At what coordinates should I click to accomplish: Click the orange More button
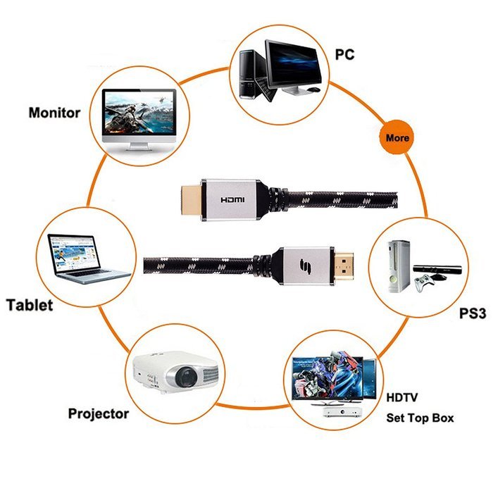(x=397, y=137)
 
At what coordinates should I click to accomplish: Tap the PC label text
(x=344, y=54)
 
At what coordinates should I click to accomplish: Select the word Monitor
(x=54, y=113)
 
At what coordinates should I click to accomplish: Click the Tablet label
(x=30, y=305)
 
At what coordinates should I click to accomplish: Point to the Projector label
(x=99, y=414)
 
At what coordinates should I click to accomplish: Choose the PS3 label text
(x=473, y=313)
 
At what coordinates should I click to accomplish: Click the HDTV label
(x=402, y=397)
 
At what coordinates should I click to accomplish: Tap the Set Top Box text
(x=420, y=418)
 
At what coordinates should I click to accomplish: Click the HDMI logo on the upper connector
(x=232, y=199)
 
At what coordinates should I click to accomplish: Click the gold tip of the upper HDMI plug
(x=191, y=200)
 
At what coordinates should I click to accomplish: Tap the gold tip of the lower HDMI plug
(x=343, y=266)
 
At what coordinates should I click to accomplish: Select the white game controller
(x=424, y=282)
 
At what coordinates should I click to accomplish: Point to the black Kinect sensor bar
(x=437, y=269)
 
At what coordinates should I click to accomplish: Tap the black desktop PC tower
(x=249, y=75)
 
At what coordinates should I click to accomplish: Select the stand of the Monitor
(x=139, y=147)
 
